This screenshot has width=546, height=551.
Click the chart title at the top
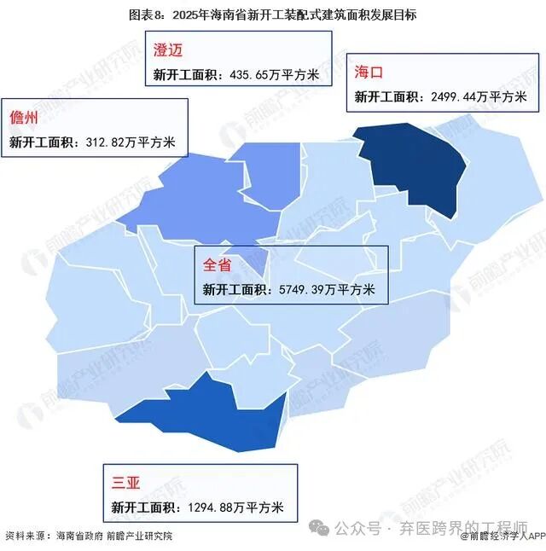click(x=273, y=15)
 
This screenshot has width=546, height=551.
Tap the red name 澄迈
click(x=168, y=49)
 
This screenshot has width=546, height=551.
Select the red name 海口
click(x=369, y=72)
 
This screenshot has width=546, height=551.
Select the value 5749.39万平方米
click(x=328, y=289)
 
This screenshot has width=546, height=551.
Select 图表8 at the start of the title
click(x=146, y=15)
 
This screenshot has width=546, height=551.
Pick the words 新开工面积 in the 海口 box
click(x=386, y=97)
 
